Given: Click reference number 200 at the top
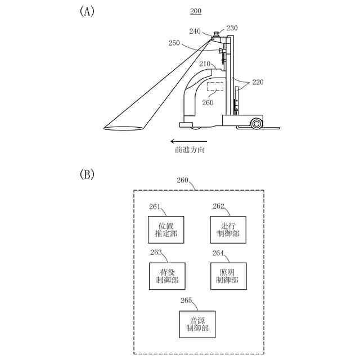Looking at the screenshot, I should pos(195,11).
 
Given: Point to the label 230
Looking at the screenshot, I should pos(232,28).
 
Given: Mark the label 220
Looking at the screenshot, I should pos(257,82).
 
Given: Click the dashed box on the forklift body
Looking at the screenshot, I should pos(215,87).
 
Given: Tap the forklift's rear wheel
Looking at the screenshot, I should pos(256,123).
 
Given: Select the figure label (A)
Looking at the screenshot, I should pos(87,12).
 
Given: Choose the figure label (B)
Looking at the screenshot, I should pos(87,174).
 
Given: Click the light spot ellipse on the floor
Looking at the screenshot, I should pos(125,128).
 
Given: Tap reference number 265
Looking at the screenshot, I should pos(186,300).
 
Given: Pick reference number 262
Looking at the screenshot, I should pos(218,206).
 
